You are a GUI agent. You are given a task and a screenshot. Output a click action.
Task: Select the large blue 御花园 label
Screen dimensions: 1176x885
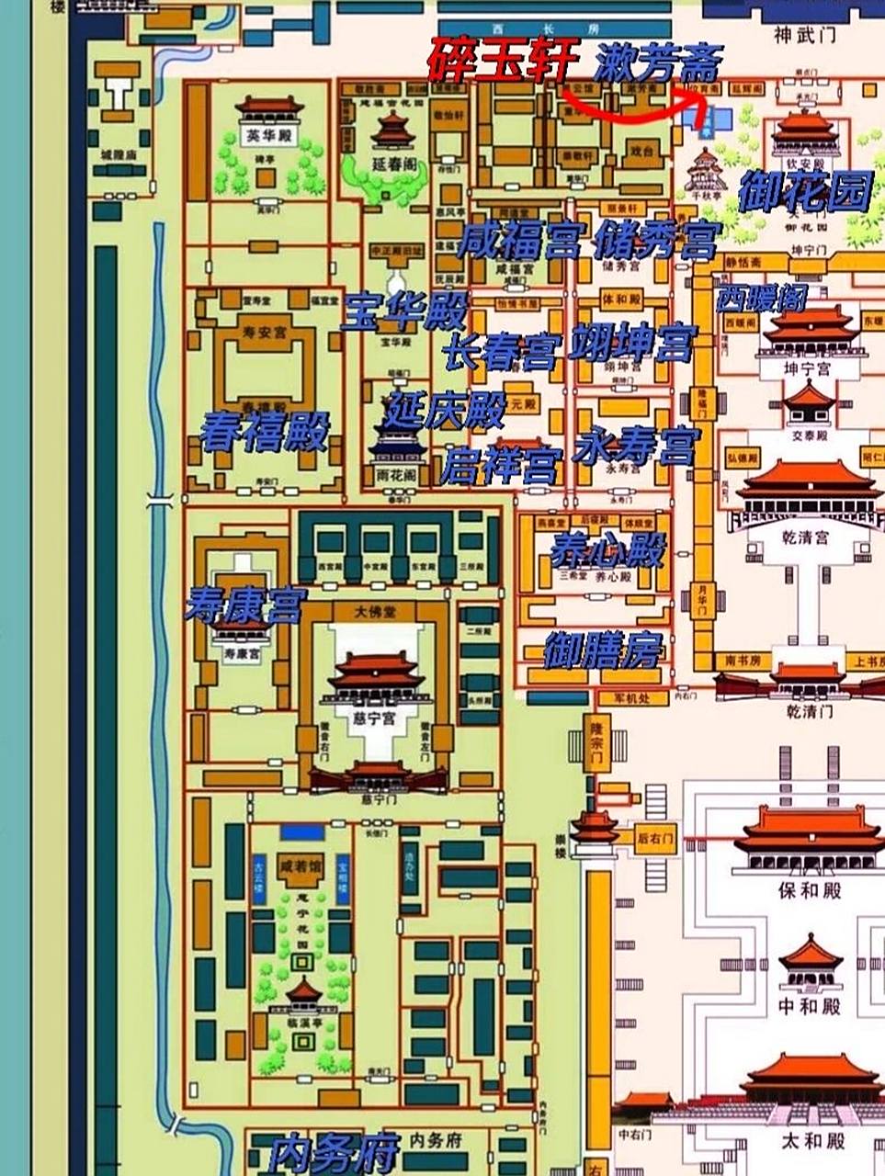(805, 192)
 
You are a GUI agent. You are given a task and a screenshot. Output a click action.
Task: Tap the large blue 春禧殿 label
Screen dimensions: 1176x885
(265, 430)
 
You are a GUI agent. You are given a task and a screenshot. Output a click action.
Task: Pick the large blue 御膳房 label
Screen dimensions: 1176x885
(603, 650)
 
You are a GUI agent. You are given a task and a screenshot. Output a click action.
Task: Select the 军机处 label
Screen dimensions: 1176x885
(632, 698)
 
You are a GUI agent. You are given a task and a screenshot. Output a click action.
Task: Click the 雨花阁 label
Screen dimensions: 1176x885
(396, 476)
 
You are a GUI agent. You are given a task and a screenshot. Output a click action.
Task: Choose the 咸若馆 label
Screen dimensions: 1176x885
(301, 866)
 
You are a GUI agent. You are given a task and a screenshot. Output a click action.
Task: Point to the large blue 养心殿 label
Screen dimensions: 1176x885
(607, 549)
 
